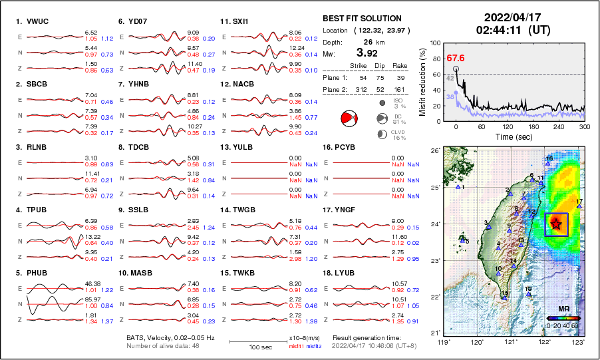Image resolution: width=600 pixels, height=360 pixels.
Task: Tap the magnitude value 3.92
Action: coord(368,53)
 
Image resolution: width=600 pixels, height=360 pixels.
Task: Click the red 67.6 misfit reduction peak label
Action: coord(456,58)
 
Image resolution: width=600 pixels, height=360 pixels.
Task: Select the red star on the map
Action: coord(555,225)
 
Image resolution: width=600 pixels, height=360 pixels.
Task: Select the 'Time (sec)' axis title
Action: coord(511,137)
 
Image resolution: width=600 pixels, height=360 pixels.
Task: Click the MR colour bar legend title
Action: coord(563,309)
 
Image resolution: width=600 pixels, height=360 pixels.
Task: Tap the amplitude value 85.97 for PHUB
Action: coord(91,299)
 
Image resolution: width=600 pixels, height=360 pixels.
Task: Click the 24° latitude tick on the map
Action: coord(434,224)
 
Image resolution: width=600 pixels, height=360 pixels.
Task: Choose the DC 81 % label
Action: coord(399,118)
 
